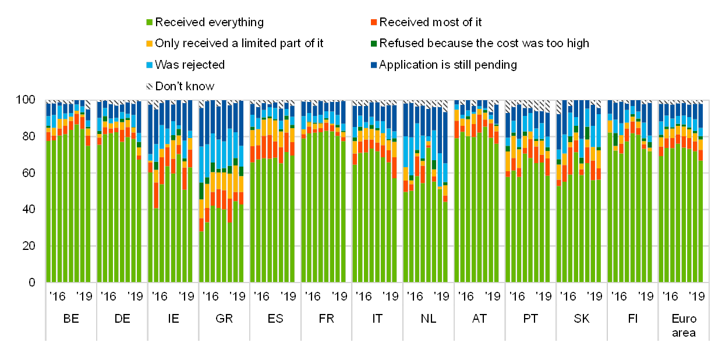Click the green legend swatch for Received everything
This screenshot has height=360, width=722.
point(150,23)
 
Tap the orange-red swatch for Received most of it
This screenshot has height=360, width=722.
point(374,23)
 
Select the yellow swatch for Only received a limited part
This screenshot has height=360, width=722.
point(150,44)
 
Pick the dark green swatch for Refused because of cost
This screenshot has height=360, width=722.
point(374,44)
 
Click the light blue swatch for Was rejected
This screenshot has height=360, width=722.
point(150,65)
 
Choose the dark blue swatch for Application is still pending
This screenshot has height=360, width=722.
point(374,65)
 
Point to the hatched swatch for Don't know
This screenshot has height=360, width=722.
point(150,86)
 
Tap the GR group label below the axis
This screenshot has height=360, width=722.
point(224,318)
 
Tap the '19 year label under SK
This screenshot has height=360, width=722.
point(594,295)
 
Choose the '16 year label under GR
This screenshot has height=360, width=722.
point(213,295)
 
